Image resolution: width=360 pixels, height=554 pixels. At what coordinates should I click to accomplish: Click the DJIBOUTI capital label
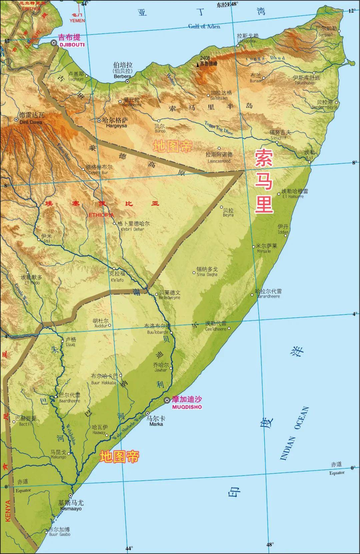[x=72, y=45]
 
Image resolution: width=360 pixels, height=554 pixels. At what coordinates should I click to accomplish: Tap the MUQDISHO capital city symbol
[x=167, y=400]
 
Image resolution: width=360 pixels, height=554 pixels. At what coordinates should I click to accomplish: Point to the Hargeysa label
[x=116, y=126]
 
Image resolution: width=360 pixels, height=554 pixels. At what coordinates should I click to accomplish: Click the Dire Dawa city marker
[x=16, y=119]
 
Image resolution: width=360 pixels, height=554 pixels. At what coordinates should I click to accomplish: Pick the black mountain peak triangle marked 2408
[x=198, y=65]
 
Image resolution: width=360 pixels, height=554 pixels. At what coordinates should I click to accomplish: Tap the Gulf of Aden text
[x=204, y=26]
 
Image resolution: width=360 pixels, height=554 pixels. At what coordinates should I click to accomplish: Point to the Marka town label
[x=156, y=424]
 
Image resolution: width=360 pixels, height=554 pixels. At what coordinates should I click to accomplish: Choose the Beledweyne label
[x=169, y=297]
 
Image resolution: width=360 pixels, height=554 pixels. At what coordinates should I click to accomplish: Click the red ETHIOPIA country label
[x=101, y=215]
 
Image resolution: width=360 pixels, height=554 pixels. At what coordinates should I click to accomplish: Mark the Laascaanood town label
[x=219, y=161]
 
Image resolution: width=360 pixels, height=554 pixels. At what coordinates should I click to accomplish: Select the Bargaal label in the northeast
[x=325, y=35]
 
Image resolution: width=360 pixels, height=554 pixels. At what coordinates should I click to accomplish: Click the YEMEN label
[x=77, y=21]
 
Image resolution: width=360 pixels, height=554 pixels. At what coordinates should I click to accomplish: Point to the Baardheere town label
[x=69, y=401]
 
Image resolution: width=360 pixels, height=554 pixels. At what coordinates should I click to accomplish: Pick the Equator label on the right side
[x=337, y=473]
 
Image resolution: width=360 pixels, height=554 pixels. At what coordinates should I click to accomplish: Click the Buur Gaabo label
[x=60, y=544]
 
